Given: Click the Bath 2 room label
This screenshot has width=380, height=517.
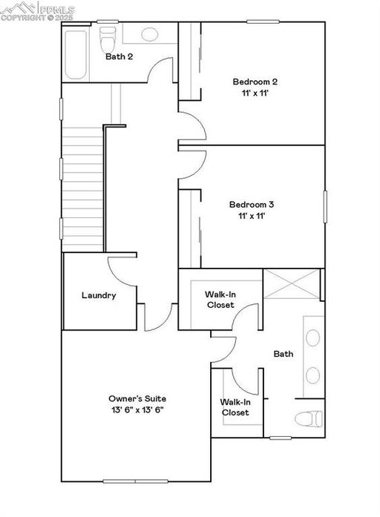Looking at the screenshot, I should coord(119,56).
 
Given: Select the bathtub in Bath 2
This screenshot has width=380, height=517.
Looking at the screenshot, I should coord(76,52).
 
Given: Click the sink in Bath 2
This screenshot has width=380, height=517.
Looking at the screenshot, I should coord(150,34).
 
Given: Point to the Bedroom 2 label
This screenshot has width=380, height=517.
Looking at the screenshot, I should coord(255,82).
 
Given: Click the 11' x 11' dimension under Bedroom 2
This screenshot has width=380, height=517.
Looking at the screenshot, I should coord(255,93).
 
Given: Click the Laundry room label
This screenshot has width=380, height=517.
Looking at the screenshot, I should coord(99,295).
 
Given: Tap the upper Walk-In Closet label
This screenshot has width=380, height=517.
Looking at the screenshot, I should coord(220,300).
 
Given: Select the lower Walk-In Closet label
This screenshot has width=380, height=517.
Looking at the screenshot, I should coord(235,407).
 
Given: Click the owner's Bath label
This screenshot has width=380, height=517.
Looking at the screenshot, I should coord(284,354).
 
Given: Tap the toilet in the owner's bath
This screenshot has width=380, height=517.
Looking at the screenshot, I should coord(309,418).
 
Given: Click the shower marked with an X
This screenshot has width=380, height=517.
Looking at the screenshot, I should coord(291,286).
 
